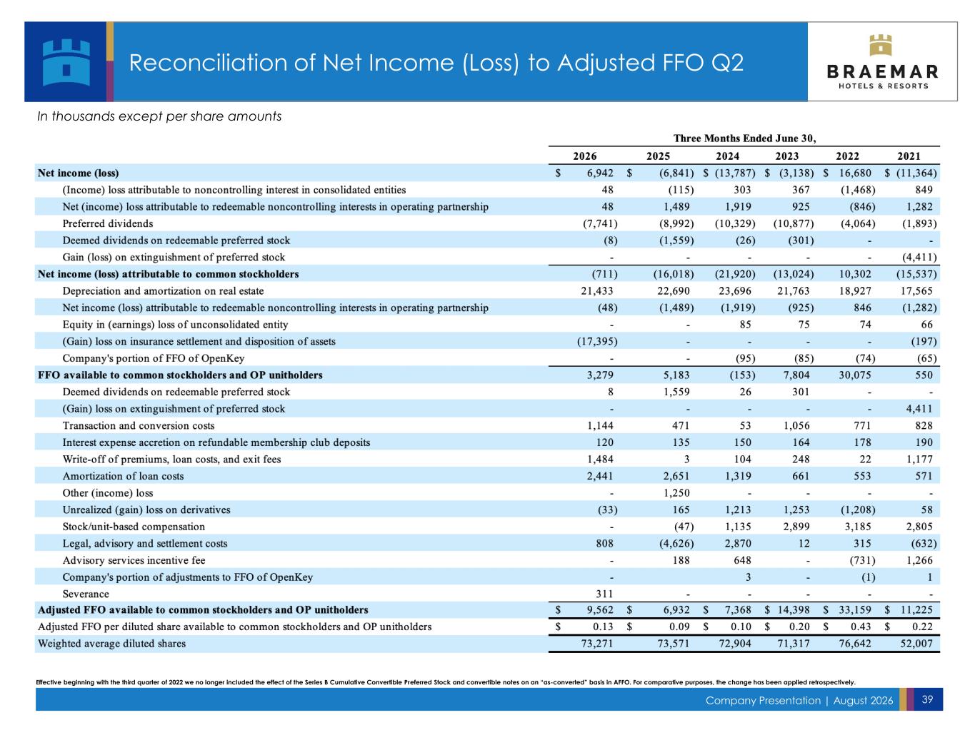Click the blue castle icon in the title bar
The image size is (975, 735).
(66, 62)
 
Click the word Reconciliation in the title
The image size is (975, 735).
(208, 62)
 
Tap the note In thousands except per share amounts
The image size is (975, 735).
(158, 116)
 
